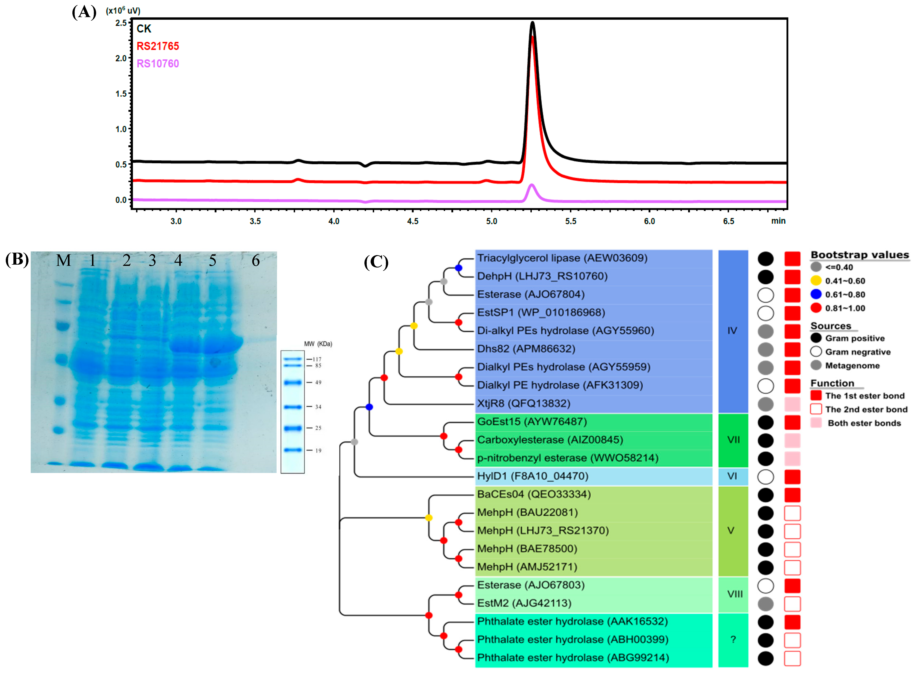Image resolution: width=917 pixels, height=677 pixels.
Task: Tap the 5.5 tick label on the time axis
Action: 570,221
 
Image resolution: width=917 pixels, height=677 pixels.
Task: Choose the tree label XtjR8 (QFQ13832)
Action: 524,404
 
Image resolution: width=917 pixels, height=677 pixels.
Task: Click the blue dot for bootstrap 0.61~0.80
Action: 816,294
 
